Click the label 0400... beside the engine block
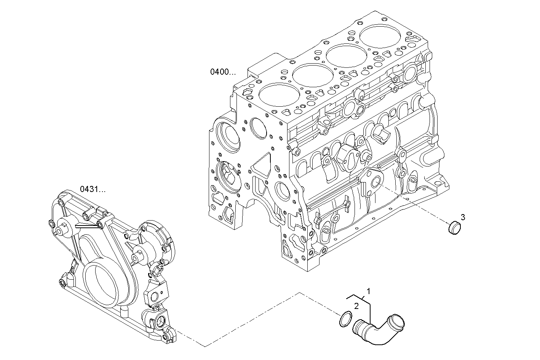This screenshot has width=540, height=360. point(223,72)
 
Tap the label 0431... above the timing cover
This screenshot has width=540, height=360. point(93,189)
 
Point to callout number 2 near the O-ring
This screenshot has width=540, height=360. point(356,306)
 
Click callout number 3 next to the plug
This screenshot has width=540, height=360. point(463,217)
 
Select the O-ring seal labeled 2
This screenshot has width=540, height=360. point(345,319)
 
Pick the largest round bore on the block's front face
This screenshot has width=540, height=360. point(227,135)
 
